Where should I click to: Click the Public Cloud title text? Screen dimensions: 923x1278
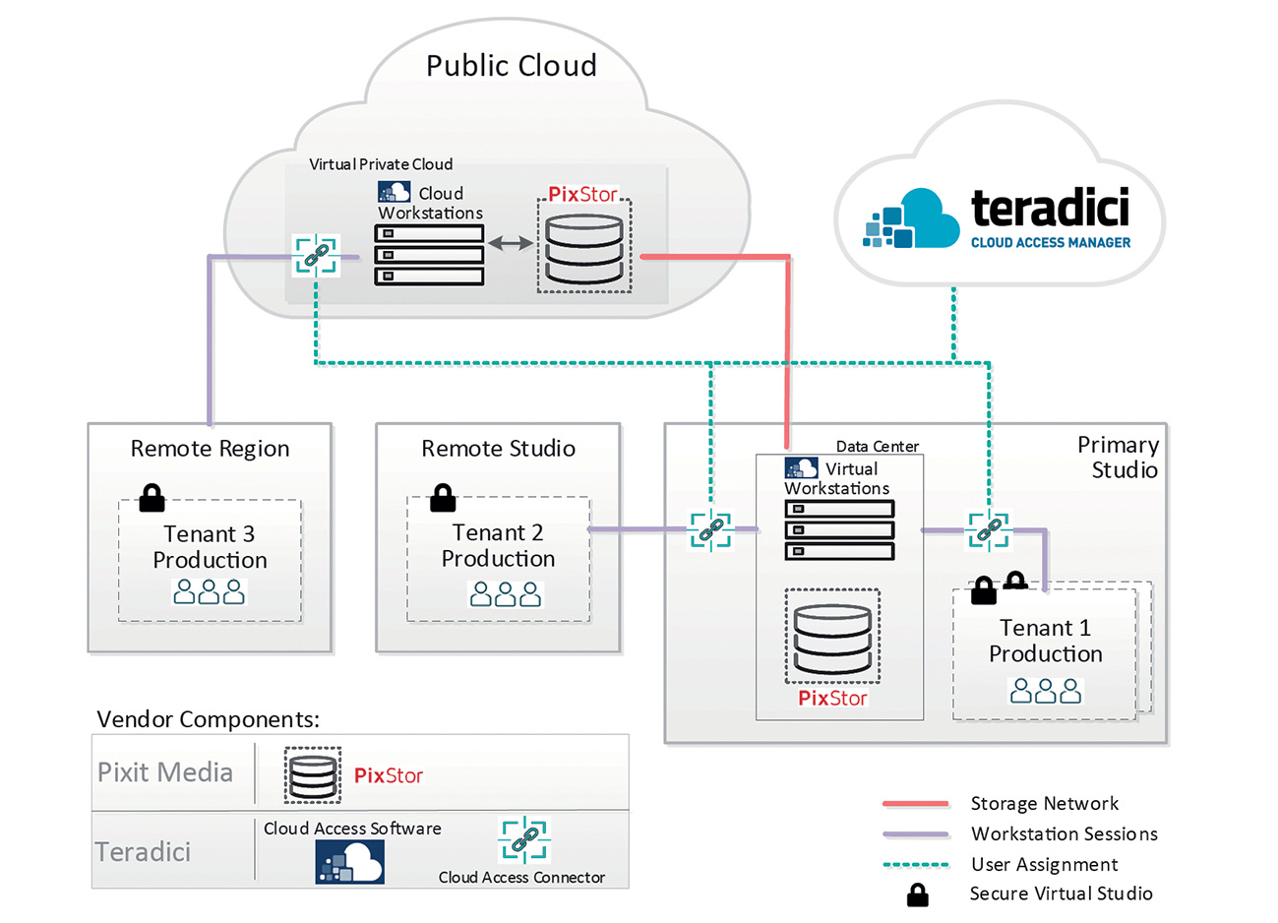tap(511, 66)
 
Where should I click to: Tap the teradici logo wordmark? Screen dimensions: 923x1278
tap(1050, 208)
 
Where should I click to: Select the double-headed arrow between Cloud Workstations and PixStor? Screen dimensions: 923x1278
tap(511, 242)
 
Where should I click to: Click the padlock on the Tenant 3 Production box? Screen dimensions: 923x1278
tap(152, 498)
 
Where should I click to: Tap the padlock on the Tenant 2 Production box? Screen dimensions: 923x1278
tap(443, 498)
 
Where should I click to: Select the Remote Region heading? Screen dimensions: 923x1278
tap(210, 449)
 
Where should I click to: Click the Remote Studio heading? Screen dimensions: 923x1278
tap(498, 449)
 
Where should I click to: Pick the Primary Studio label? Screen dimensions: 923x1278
tap(1119, 458)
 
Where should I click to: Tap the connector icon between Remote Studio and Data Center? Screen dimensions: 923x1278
tap(710, 530)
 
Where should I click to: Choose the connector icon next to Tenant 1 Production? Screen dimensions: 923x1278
tap(988, 530)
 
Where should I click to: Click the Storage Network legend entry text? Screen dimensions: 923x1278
tap(1044, 804)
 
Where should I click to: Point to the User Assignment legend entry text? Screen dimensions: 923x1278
tap(1044, 865)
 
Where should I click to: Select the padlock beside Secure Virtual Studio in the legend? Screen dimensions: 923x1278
tap(917, 894)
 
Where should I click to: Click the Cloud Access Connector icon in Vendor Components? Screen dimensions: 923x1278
tap(524, 840)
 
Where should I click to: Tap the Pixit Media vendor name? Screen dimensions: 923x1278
tap(165, 772)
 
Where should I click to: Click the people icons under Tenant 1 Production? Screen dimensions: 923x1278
tap(1046, 692)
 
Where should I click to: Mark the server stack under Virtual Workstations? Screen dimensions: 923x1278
tap(839, 530)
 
